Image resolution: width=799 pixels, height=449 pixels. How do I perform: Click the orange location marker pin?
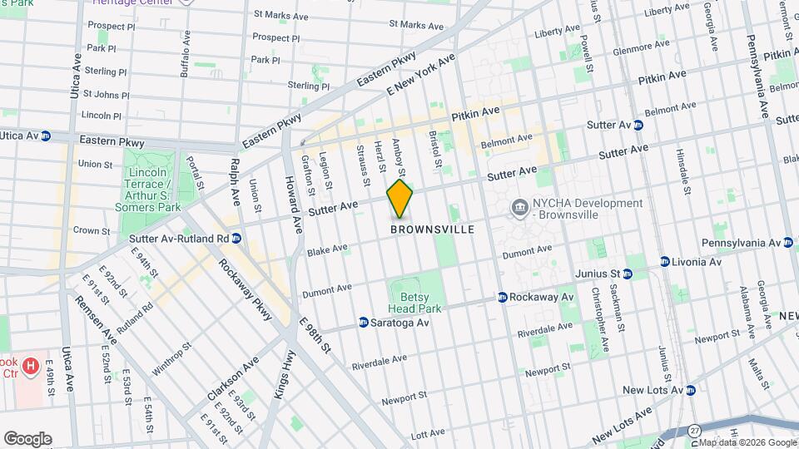pos(400,200)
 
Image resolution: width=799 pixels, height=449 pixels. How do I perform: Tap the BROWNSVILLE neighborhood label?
pos(433,229)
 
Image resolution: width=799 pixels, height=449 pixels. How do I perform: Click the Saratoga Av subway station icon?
pos(364,323)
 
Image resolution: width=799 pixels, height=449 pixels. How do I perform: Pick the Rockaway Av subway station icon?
pos(503,297)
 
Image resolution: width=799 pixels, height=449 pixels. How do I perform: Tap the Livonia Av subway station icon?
pos(664,262)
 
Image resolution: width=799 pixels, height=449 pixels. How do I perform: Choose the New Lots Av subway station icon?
pos(690,390)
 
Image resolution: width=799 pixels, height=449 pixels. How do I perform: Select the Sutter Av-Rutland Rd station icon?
pos(236,238)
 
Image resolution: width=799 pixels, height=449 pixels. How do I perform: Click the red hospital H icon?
pos(31,365)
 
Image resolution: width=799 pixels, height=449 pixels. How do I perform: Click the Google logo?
pos(27,439)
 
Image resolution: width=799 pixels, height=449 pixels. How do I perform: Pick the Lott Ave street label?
pos(429,434)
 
